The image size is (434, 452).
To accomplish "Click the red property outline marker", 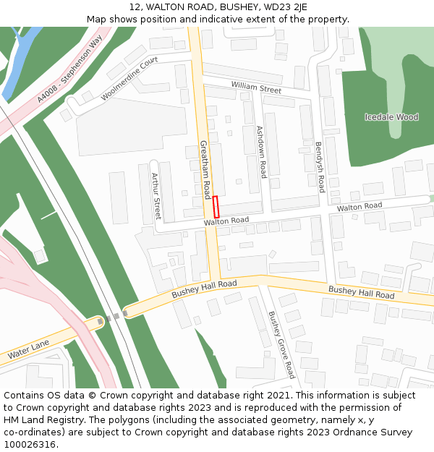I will click(216, 207).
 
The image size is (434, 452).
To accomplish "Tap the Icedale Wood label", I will click(391, 117).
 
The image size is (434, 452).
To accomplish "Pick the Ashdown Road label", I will click(261, 152).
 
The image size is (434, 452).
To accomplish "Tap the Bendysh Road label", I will click(320, 166).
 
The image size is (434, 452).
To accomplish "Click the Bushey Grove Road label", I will click(281, 344).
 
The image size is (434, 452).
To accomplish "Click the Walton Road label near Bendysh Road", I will click(359, 207).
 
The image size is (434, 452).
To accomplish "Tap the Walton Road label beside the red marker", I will click(226, 221).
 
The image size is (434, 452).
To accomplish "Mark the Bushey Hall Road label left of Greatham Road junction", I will click(204, 290).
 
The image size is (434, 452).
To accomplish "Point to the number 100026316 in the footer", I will click(30, 444).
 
